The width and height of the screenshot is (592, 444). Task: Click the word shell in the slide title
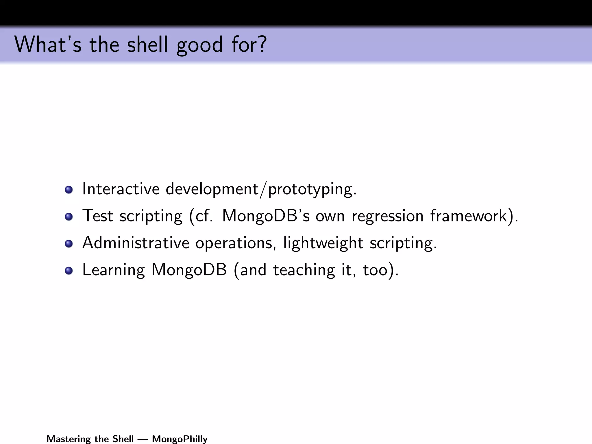coord(147,45)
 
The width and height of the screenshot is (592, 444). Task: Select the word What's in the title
coord(48,45)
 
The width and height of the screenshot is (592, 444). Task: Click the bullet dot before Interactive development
coord(69,190)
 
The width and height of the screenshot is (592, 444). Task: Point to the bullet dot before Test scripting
coord(69,217)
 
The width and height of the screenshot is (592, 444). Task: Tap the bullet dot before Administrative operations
coord(69,244)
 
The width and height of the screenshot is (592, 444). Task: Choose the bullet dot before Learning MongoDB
coord(69,271)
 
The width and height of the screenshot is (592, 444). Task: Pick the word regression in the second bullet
coord(387,216)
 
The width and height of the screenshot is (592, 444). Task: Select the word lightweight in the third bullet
coord(323,243)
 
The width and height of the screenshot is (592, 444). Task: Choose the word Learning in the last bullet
coord(113,270)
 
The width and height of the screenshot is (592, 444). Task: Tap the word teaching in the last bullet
coord(304,270)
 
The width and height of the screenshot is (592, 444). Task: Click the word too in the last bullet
coord(375,270)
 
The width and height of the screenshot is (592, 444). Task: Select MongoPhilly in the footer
coord(180,439)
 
